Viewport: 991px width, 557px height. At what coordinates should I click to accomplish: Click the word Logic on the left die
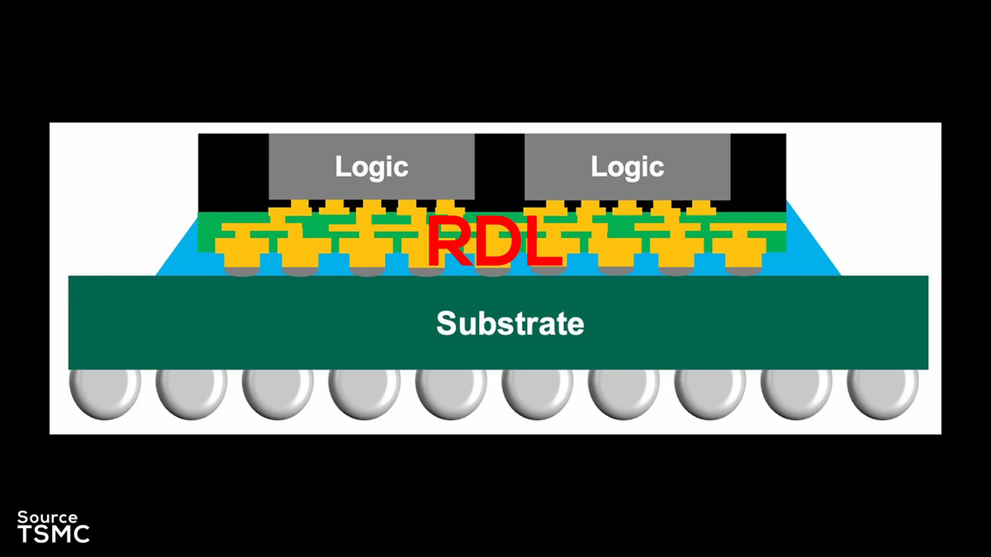[372, 167]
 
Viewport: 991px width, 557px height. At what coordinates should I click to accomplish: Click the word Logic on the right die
[628, 167]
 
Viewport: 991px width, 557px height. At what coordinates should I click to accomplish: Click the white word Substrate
[510, 323]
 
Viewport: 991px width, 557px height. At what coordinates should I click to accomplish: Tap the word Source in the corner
[48, 517]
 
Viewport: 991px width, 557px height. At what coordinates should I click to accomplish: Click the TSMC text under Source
[54, 533]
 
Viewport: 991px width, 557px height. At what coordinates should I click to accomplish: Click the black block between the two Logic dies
[500, 169]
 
